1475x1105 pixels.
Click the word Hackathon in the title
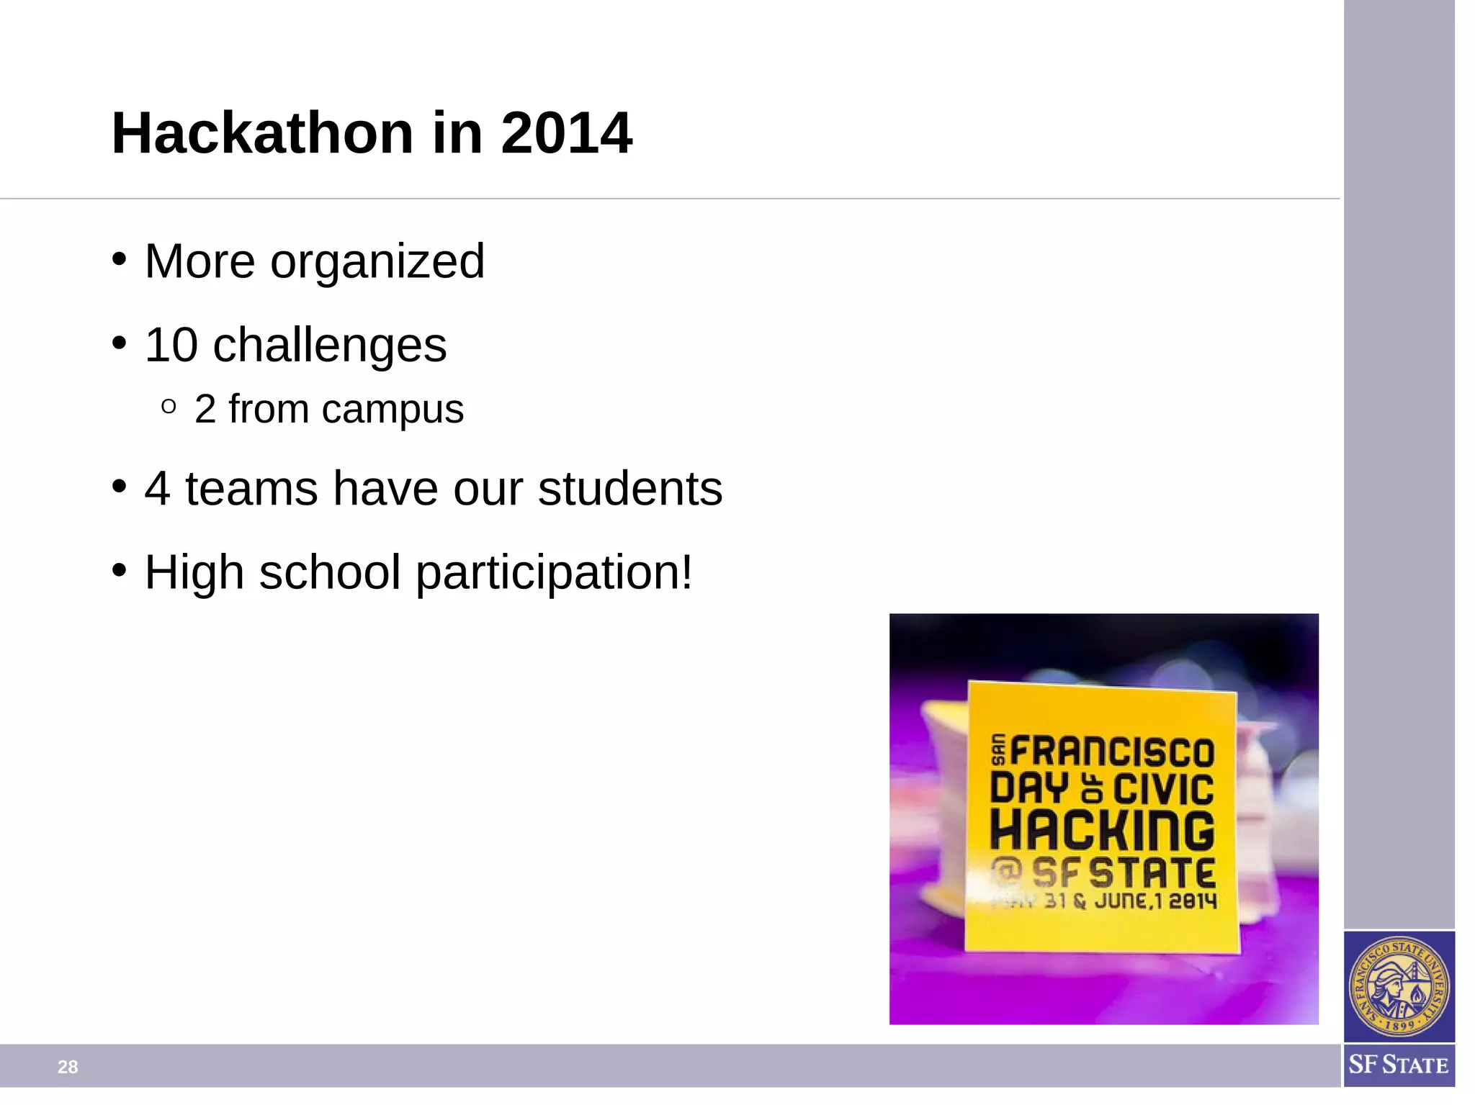coord(262,133)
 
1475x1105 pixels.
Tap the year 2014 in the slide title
coord(567,133)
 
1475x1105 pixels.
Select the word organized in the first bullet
coord(377,261)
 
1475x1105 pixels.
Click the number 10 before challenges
coord(171,345)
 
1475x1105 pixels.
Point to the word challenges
coord(330,346)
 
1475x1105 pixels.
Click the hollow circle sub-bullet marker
coord(169,407)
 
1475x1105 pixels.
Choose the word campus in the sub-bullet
coord(393,410)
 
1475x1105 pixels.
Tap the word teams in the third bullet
coord(251,489)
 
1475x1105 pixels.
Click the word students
coord(630,489)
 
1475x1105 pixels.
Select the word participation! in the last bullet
coord(555,573)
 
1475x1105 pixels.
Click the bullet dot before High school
coord(120,570)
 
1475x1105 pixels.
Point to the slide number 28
coord(68,1067)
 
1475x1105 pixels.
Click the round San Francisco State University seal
coord(1399,986)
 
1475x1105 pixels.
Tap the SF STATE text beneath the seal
coord(1399,1065)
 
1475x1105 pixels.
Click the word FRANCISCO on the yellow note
coord(1113,752)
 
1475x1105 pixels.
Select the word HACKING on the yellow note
coord(1103,831)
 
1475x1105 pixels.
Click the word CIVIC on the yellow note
coord(1164,789)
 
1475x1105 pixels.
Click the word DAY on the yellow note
coord(1028,788)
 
